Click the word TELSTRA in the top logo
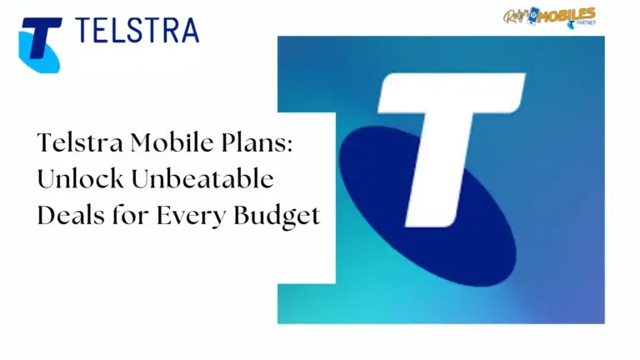[138, 31]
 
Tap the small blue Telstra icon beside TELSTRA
[39, 43]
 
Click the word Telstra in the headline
[77, 142]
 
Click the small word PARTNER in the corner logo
[582, 25]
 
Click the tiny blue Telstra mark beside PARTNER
[570, 25]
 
